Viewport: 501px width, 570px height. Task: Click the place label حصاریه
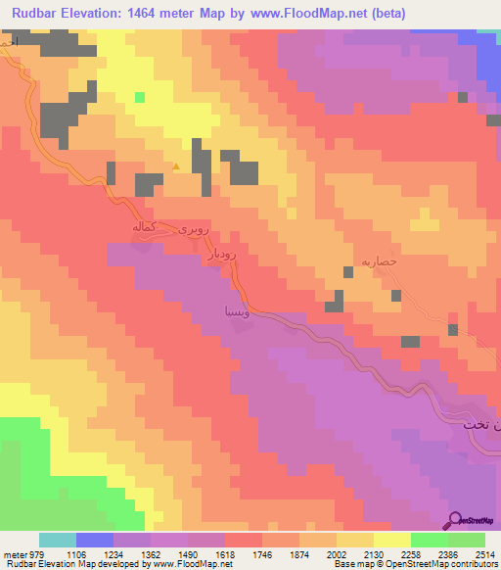tap(377, 261)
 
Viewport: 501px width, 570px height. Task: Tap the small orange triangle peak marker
tap(176, 166)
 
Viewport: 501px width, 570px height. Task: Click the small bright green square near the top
tap(140, 97)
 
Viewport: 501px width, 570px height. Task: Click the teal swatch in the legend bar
tap(58, 540)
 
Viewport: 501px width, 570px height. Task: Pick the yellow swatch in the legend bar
tap(391, 540)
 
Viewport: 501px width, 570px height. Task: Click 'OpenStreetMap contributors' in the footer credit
tap(451, 564)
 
